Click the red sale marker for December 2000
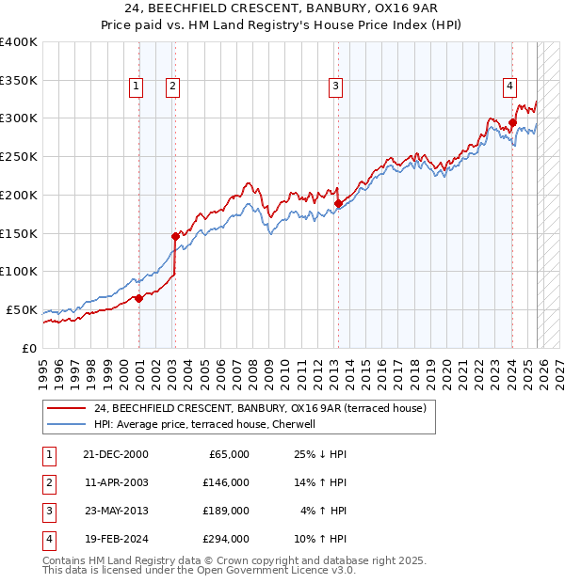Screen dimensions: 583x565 (138, 298)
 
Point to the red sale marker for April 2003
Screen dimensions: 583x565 (175, 236)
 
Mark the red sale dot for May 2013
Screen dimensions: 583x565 (338, 202)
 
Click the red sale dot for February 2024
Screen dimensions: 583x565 (512, 121)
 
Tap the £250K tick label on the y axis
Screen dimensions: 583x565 (19, 156)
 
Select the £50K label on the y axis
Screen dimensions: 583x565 (23, 309)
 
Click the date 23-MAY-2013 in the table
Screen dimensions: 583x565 (115, 511)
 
